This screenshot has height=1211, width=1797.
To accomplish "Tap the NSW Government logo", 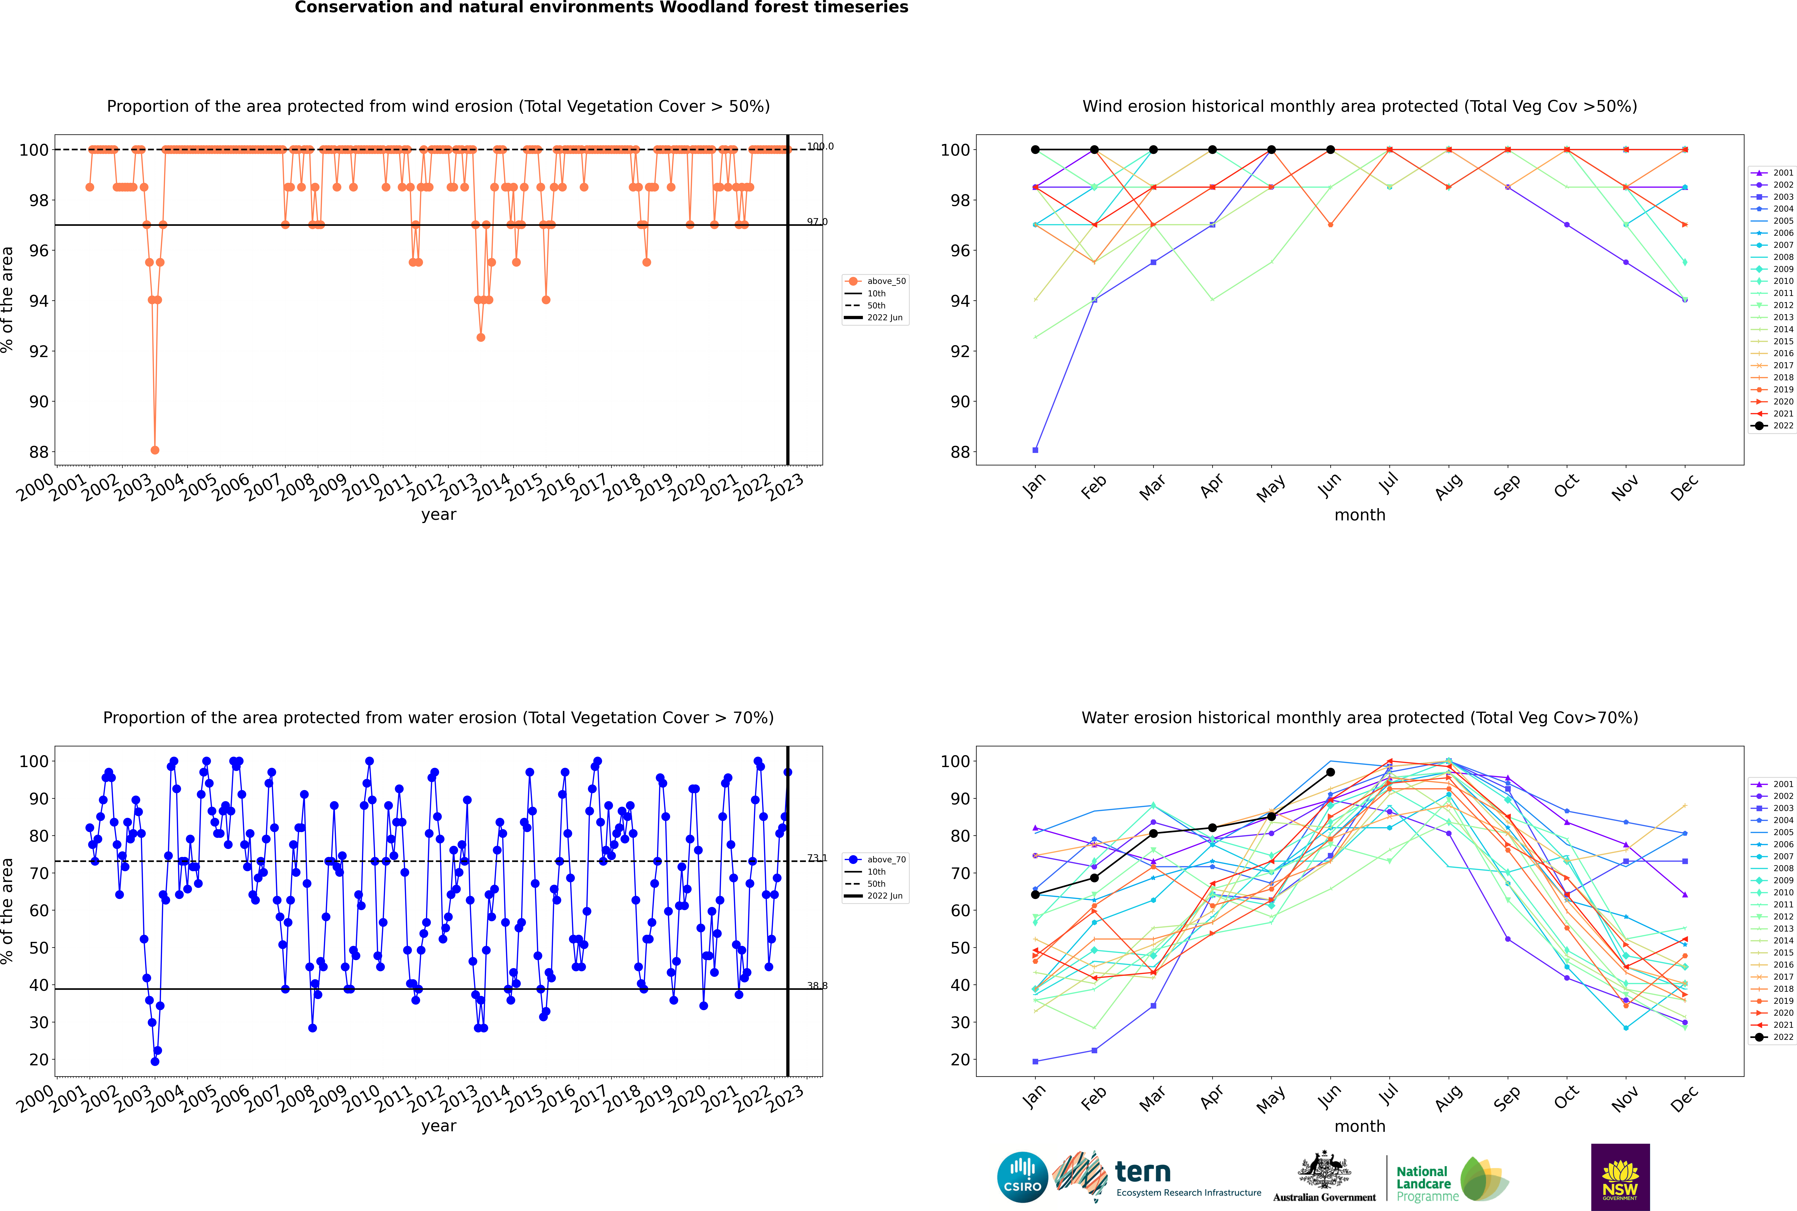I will [x=1620, y=1176].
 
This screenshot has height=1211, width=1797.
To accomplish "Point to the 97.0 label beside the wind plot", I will [x=817, y=222].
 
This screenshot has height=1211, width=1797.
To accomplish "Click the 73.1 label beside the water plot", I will [x=817, y=858].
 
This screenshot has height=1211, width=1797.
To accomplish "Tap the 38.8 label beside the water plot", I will [x=817, y=985].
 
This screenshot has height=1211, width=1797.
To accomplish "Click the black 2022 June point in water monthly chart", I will [x=1330, y=772].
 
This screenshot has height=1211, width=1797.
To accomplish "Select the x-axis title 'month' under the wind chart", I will [x=1360, y=515].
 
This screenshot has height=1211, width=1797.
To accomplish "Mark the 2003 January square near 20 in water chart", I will [x=1035, y=1061].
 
